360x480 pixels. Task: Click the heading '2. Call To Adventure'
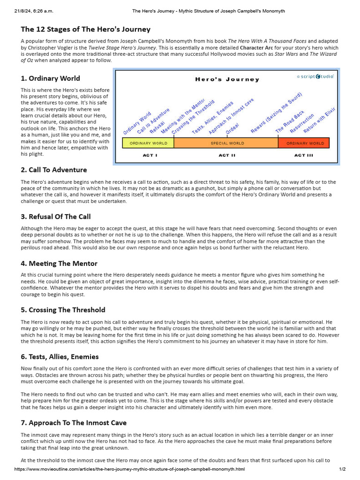click(53, 170)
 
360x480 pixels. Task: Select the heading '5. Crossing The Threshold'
click(63, 310)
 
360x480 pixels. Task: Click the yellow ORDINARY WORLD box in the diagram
click(148, 143)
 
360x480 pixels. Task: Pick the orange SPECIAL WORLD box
click(227, 143)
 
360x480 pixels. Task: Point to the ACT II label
click(227, 155)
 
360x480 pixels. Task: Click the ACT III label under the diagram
click(303, 155)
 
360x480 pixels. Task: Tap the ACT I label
click(150, 155)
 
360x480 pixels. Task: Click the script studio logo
click(315, 76)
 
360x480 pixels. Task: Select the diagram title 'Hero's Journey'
click(227, 79)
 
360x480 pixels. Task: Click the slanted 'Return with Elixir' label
click(320, 120)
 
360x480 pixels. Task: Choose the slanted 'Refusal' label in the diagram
click(157, 127)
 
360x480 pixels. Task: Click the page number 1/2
click(342, 469)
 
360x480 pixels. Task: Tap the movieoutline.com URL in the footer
click(129, 469)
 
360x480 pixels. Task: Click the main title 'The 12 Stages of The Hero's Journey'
click(86, 30)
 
